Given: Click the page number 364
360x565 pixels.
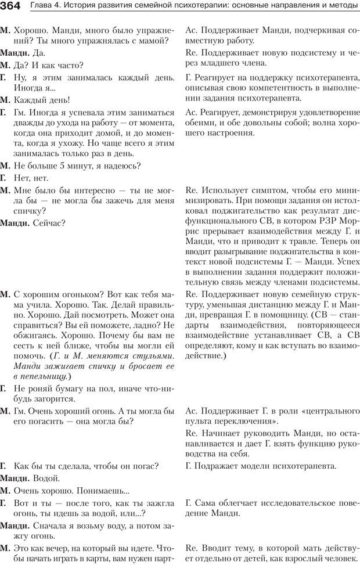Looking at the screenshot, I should [11, 6].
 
